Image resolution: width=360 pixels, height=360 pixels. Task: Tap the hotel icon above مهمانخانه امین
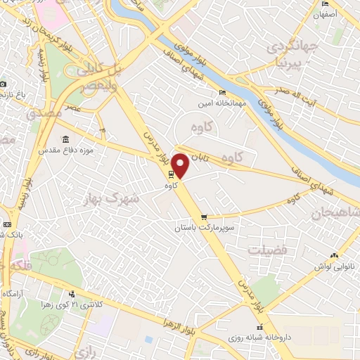click(x=223, y=92)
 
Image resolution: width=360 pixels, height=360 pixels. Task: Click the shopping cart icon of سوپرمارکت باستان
click(x=204, y=217)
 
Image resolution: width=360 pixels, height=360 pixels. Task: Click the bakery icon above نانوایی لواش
click(x=334, y=255)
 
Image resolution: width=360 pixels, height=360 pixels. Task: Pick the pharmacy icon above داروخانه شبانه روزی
click(x=259, y=327)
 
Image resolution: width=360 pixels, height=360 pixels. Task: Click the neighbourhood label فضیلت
click(x=266, y=249)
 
